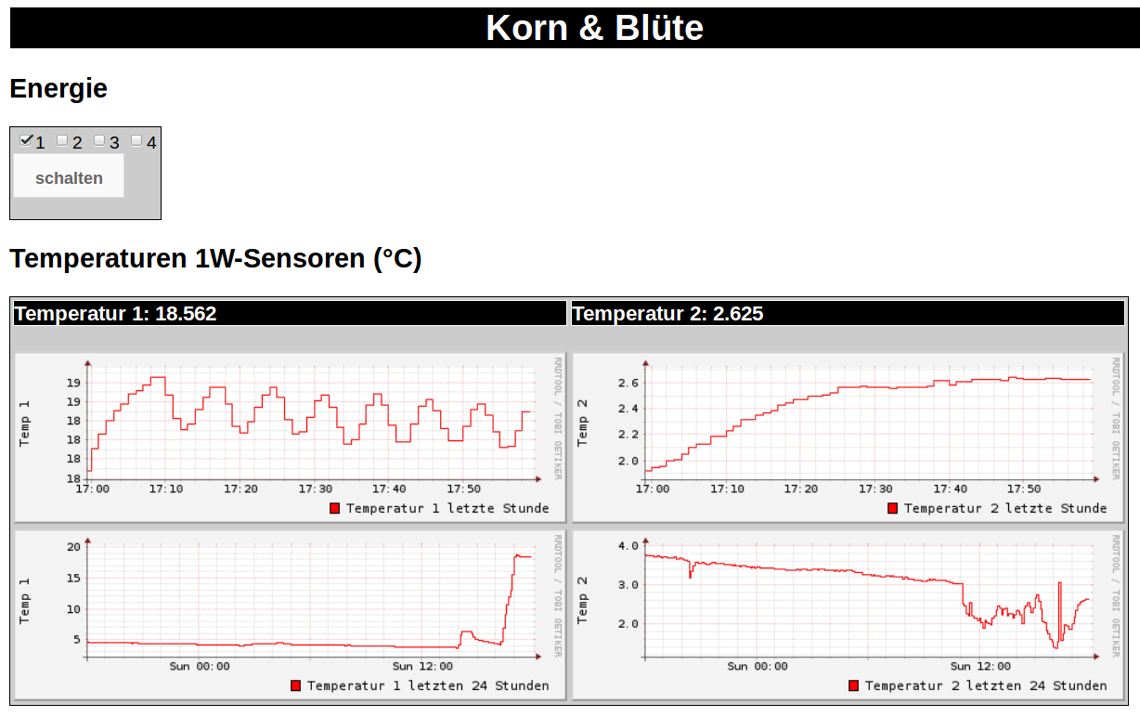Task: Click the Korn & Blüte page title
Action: coord(594,28)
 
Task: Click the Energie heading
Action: coord(58,89)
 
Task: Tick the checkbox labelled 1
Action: coord(26,140)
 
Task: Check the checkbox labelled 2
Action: coord(62,140)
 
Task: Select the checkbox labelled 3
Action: coord(99,140)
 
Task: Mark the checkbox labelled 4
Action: coord(136,140)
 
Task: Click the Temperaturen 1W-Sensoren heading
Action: coord(215,258)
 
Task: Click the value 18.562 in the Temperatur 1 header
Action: coord(186,314)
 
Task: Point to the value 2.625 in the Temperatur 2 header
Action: coord(737,314)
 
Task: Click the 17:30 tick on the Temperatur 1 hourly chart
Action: coord(316,489)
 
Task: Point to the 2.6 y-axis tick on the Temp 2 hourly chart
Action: coord(628,383)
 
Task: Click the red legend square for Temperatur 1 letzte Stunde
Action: coord(335,508)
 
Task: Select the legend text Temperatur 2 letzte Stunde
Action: coord(1005,508)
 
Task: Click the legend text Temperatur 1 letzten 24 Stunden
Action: coord(428,685)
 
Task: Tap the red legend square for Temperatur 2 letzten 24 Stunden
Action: coord(854,685)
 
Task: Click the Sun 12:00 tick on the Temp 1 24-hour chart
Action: coord(422,666)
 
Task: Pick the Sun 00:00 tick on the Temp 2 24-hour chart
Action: coord(758,666)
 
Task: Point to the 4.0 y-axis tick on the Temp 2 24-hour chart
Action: coord(628,545)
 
